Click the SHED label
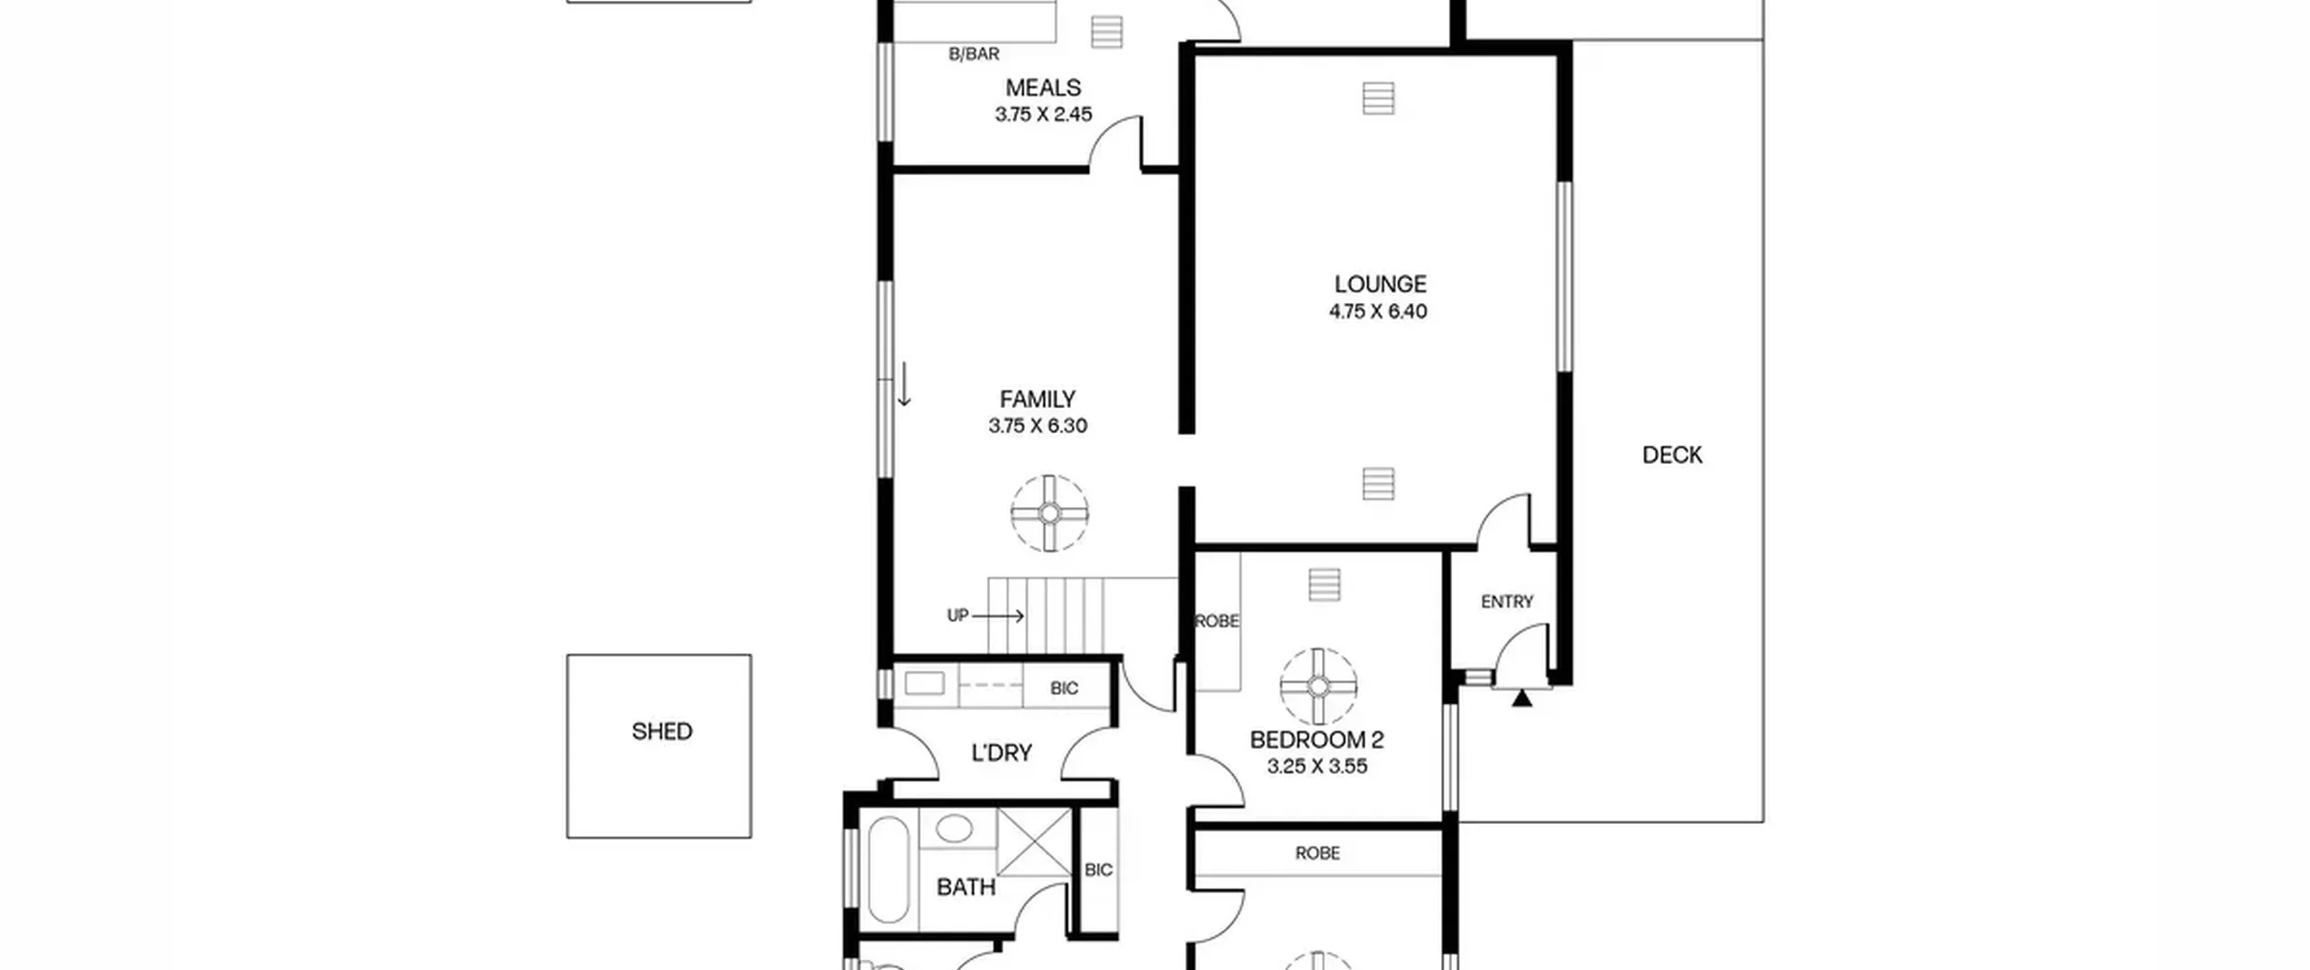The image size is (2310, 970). coord(661,731)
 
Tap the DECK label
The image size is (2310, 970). coord(1672,455)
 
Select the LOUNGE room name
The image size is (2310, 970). coord(1380,284)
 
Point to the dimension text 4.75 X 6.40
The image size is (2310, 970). coord(1378,311)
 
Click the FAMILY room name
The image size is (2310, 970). coord(1037,399)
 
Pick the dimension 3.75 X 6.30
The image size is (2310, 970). coord(1038,426)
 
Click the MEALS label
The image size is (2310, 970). coord(1043,88)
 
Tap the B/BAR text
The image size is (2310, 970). coord(974,54)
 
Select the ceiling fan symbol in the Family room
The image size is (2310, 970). coord(1049,513)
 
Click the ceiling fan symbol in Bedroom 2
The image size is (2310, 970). coord(1318,687)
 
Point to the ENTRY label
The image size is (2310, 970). coord(1507,602)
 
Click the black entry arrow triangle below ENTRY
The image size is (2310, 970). coord(1522,697)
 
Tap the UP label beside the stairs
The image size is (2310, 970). coord(957,615)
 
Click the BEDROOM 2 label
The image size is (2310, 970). coord(1317,740)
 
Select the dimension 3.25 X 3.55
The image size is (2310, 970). coord(1317,766)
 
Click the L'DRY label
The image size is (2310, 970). coord(1002,753)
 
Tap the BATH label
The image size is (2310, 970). coord(966,888)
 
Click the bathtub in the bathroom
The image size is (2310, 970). coord(889,870)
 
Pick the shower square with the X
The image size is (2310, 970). coord(1034,843)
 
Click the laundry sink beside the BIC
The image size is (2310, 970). coord(925,684)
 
